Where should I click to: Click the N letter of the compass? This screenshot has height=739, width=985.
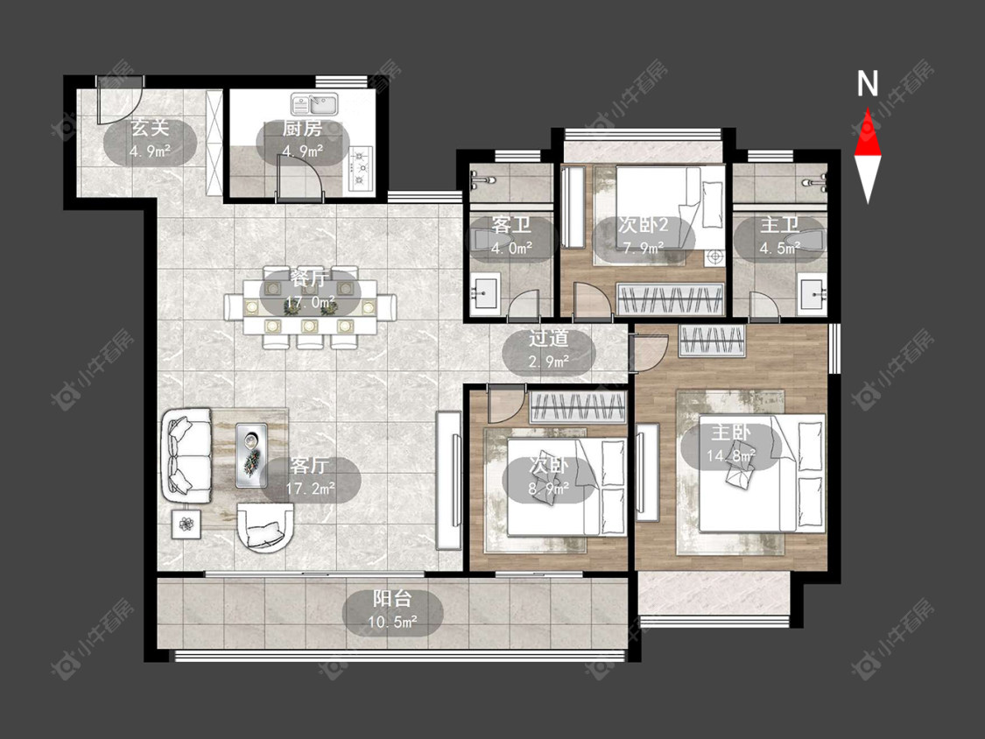point(868,83)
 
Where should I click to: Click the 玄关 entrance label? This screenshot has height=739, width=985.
point(150,128)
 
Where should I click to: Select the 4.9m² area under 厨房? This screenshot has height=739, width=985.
point(302,151)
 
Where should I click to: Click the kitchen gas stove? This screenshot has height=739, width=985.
point(361,169)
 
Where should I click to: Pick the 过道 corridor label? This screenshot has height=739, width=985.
point(548,339)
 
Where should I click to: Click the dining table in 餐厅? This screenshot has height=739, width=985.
point(310,307)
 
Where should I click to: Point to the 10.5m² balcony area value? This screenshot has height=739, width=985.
point(392,623)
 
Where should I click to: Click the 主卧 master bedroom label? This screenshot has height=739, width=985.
point(730,433)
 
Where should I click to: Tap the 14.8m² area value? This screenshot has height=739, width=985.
point(730,455)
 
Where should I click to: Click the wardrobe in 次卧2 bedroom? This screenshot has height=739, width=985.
point(671,299)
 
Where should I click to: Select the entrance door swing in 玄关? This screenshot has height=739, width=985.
point(120,104)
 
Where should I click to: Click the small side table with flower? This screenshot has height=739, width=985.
point(186,524)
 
